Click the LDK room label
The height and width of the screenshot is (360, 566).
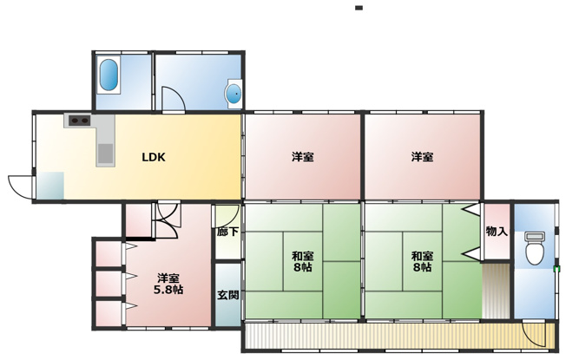pyautogui.click(x=154, y=157)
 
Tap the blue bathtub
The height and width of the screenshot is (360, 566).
pyautogui.click(x=109, y=75)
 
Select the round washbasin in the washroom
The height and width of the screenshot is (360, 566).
pyautogui.click(x=234, y=94)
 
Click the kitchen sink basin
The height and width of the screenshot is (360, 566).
pyautogui.click(x=105, y=153)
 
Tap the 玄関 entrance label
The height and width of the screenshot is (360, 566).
pyautogui.click(x=228, y=296)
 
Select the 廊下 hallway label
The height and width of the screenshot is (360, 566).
pyautogui.click(x=227, y=232)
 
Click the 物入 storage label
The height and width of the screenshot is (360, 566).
pyautogui.click(x=497, y=232)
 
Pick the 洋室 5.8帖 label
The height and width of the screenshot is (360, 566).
pyautogui.click(x=168, y=284)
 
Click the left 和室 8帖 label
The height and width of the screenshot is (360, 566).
pyautogui.click(x=302, y=261)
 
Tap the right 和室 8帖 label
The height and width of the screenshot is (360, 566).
pyautogui.click(x=422, y=261)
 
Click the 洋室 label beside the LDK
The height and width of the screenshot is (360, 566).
pyautogui.click(x=302, y=157)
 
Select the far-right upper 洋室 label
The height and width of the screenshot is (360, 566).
pyautogui.click(x=422, y=157)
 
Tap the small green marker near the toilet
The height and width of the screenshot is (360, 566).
pyautogui.click(x=556, y=268)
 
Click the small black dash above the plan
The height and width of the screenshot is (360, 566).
pyautogui.click(x=359, y=8)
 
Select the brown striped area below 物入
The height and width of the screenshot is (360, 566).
pyautogui.click(x=495, y=291)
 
